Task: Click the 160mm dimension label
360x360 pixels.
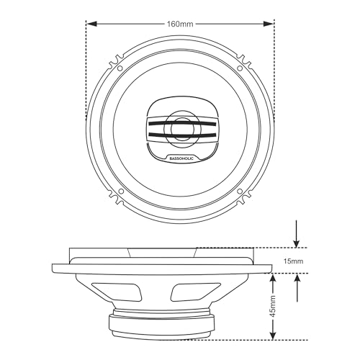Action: tap(180, 24)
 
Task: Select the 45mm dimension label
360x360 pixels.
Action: tap(273, 306)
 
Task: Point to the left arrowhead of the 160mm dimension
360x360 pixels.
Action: tap(91, 24)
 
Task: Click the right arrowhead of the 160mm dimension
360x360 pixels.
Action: tap(269, 24)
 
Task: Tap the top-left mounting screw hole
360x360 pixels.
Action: tap(120, 68)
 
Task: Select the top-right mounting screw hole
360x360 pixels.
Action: tap(240, 68)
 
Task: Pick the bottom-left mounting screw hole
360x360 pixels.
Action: tap(121, 192)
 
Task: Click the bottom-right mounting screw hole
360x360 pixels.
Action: tap(240, 191)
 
